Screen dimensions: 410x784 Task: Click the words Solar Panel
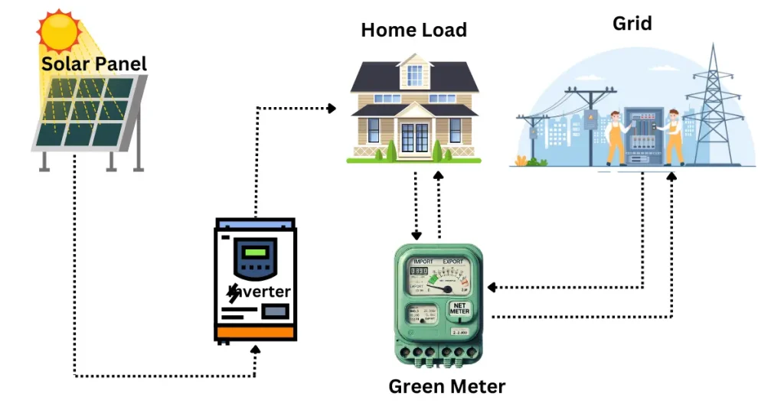(x=93, y=63)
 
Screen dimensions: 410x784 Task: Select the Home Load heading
(x=413, y=30)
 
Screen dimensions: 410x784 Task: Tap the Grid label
(x=632, y=23)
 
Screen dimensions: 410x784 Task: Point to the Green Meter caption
(x=446, y=386)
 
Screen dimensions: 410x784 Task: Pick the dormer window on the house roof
(x=414, y=74)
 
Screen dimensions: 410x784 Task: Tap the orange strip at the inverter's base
(x=255, y=334)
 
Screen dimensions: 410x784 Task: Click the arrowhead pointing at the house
(x=332, y=109)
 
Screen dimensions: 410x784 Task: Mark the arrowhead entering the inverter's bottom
(x=256, y=349)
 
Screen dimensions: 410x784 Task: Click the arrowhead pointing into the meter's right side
(x=492, y=288)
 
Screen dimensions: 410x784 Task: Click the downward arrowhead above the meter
(x=416, y=235)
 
